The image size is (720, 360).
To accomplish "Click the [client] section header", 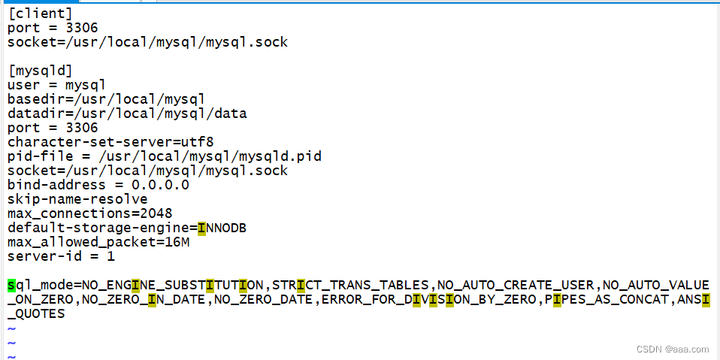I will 40,14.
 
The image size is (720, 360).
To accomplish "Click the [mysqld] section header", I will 40,71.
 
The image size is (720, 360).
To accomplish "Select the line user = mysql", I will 56,85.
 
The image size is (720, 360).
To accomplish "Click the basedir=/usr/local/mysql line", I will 106,99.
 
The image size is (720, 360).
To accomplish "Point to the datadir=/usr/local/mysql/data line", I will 126,113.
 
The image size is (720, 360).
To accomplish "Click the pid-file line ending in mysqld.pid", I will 164,156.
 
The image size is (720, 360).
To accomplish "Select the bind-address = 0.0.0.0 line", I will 98,185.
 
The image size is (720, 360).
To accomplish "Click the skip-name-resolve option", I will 77,199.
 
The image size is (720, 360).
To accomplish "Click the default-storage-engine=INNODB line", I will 126,228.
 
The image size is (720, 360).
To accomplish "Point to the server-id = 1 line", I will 61,256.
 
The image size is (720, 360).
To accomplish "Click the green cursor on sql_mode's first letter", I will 11,286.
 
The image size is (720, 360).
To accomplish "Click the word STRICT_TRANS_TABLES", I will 351,286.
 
